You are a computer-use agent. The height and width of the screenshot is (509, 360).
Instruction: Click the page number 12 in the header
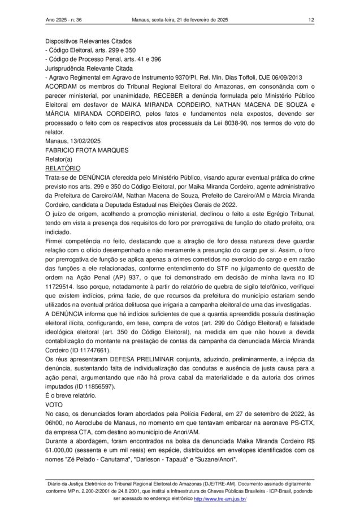coord(311,20)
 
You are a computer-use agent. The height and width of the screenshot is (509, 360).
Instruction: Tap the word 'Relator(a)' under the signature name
coord(59,159)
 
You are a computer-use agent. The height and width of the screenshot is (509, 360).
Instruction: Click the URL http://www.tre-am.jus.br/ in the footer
coord(220,499)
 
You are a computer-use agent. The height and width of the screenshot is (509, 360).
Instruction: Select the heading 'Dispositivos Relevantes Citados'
coord(88,41)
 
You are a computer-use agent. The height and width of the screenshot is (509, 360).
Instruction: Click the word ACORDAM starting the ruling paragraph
coord(64,87)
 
